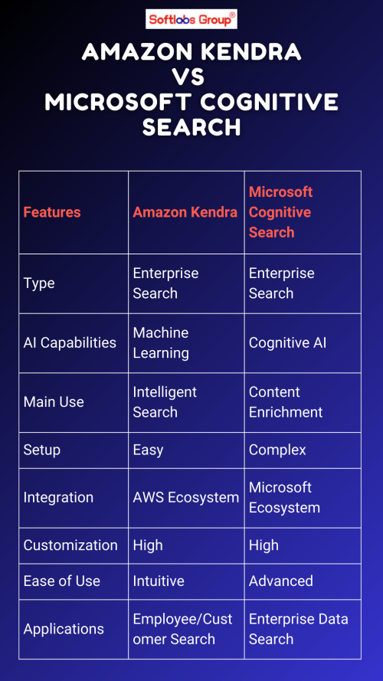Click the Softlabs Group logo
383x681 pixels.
[191, 20]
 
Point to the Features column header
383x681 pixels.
[52, 212]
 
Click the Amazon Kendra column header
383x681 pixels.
[185, 212]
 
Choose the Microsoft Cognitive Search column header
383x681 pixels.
[280, 212]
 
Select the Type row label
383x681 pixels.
[39, 283]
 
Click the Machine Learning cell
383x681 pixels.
[161, 342]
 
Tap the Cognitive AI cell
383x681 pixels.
[287, 342]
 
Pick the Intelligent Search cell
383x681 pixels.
[165, 402]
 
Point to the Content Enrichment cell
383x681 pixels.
[286, 402]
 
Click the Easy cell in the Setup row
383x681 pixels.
[148, 450]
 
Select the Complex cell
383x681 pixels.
[277, 450]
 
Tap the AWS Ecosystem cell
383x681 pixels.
[186, 498]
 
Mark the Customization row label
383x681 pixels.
[70, 545]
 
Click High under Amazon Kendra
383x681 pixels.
[148, 545]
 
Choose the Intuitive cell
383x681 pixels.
[159, 581]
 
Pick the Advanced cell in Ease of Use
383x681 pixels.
[281, 581]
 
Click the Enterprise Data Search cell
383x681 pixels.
[298, 629]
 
